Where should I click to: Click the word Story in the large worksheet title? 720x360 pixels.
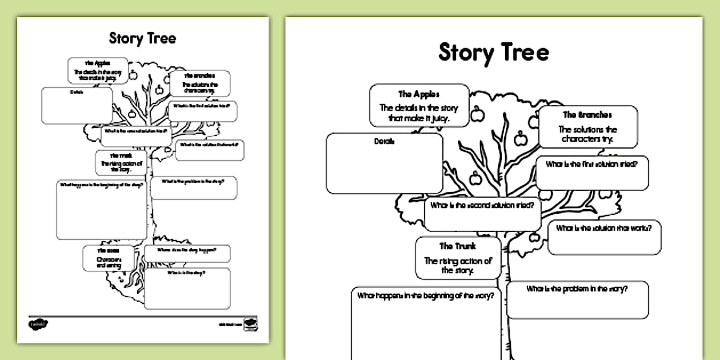464,52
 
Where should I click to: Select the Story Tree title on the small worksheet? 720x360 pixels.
142,38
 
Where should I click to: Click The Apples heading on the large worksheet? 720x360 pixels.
419,94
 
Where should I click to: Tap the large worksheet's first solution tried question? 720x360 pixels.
591,165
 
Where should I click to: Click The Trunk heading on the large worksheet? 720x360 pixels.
457,246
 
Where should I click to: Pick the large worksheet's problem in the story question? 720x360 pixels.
577,289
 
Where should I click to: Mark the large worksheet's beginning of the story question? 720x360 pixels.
425,296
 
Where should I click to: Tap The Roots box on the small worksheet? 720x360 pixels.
108,258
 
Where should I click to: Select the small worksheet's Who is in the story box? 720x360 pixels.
187,288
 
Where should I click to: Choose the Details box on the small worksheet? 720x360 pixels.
77,105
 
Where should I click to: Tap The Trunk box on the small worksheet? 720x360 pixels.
121,163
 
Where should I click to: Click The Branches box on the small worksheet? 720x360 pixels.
199,83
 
